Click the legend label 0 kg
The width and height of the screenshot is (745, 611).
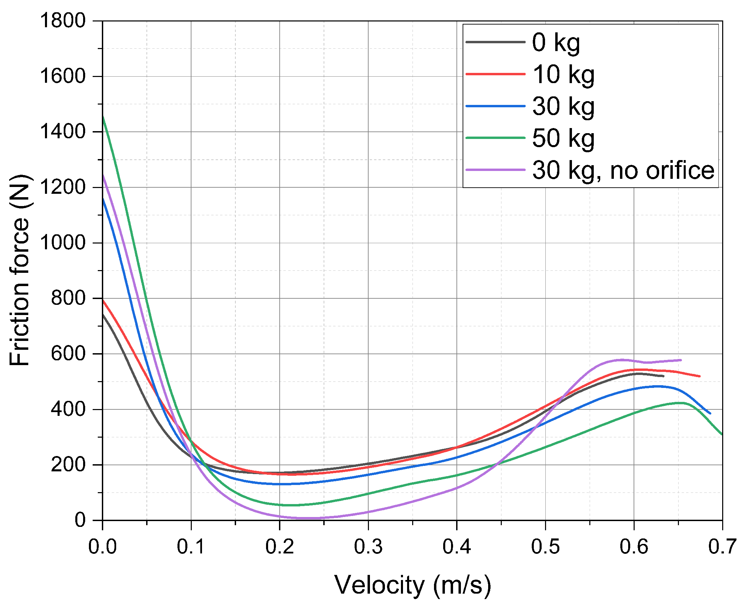[x=556, y=43]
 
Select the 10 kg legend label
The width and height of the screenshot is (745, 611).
[x=563, y=75]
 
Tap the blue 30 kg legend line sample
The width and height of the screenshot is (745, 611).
[x=495, y=106]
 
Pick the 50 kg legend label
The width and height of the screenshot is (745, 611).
[x=563, y=138]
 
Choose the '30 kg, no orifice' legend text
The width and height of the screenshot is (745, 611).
[x=623, y=170]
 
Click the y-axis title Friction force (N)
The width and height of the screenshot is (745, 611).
[x=19, y=270]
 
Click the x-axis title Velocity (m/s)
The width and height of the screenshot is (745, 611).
[x=412, y=585]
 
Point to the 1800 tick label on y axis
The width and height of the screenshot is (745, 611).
[x=63, y=20]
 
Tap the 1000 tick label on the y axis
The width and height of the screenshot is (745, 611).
[x=63, y=243]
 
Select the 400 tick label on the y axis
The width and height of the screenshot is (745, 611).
[x=68, y=409]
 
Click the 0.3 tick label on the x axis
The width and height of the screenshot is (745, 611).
[x=368, y=547]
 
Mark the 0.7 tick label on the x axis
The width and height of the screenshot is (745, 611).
[x=722, y=547]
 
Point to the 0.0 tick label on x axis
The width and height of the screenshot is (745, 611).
[x=103, y=547]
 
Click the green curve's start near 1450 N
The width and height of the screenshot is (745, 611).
[x=103, y=117]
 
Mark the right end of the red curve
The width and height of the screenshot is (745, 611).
[x=699, y=376]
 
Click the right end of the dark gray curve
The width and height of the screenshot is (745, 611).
[x=663, y=376]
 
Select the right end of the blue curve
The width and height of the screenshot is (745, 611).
[x=710, y=413]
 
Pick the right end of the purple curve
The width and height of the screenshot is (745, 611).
[x=681, y=360]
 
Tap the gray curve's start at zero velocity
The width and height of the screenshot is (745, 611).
[x=103, y=314]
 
